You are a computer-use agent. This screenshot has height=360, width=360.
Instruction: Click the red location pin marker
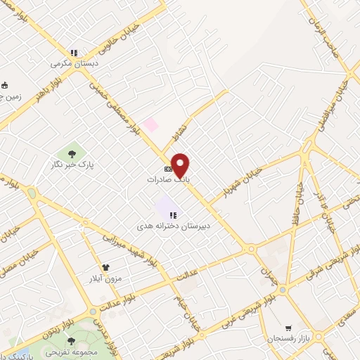(x=181, y=165)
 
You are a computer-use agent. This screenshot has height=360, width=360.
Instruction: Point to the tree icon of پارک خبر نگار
(x=72, y=153)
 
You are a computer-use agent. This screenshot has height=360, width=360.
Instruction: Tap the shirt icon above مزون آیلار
(x=106, y=267)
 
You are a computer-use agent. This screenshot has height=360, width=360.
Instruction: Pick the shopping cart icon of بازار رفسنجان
(x=288, y=328)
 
